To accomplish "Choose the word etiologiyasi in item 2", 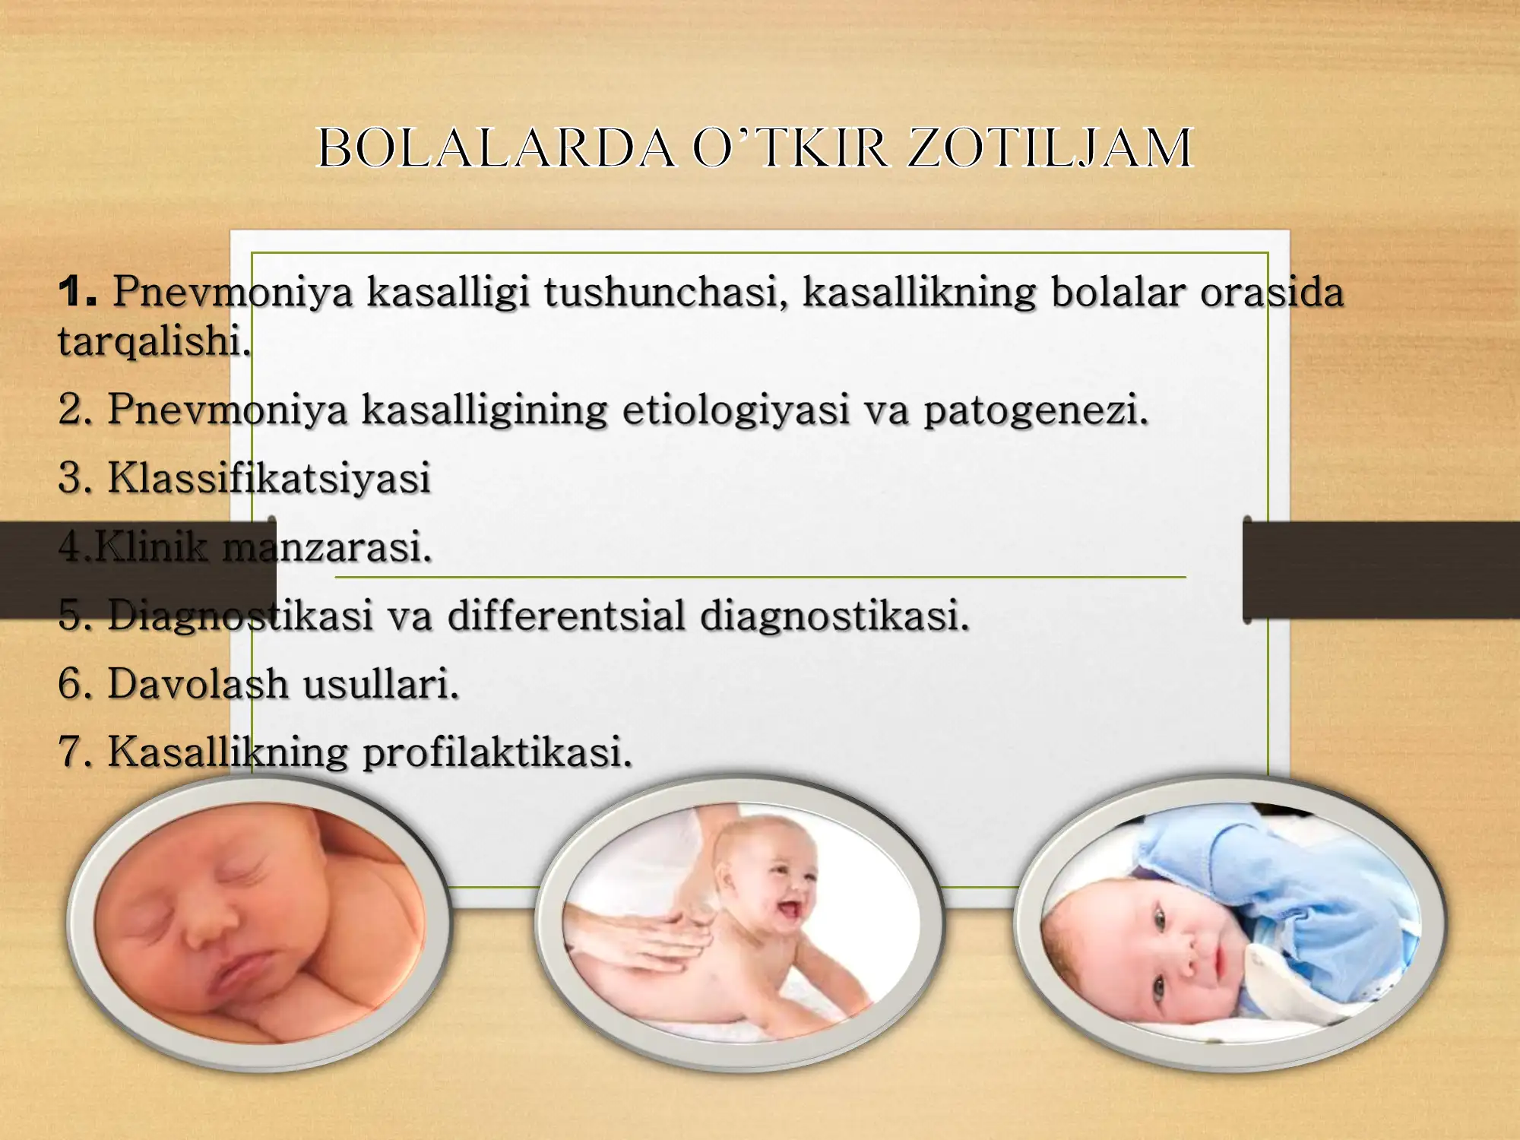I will click(735, 410).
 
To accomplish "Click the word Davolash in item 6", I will click(198, 683).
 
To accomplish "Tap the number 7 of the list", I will click(74, 752).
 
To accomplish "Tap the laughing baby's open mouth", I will click(790, 908).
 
